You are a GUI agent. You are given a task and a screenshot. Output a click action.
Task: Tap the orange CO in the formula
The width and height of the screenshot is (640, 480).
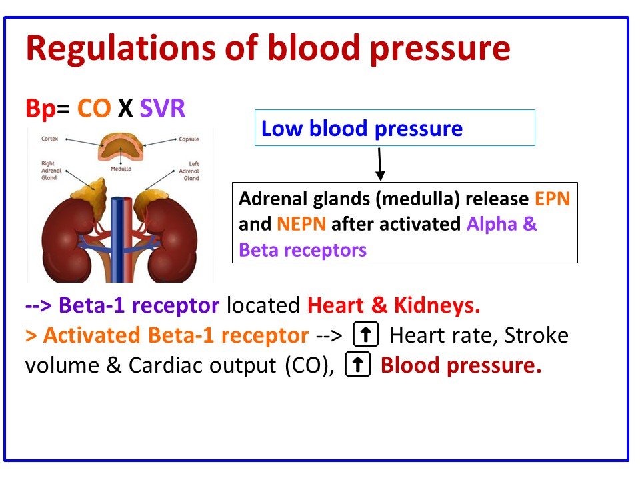[93, 108]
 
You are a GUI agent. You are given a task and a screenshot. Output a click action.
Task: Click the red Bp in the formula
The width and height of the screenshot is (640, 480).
[41, 108]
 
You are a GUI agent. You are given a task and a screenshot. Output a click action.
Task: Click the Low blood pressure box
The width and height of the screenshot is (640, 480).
[395, 128]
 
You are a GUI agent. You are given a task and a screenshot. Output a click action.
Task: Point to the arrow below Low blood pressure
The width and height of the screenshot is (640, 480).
[380, 164]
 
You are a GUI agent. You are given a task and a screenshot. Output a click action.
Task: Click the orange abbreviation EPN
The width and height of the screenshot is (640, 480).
[552, 199]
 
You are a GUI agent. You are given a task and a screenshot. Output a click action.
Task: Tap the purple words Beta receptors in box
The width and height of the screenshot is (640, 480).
[303, 250]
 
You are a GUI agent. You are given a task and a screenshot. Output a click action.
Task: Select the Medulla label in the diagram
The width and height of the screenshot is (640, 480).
[121, 169]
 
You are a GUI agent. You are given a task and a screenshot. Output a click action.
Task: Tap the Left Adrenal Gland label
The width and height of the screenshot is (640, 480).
[191, 171]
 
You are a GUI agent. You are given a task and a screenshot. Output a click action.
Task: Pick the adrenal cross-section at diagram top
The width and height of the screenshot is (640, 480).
[121, 146]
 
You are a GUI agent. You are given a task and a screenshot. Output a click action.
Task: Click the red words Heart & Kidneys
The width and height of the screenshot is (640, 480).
[393, 306]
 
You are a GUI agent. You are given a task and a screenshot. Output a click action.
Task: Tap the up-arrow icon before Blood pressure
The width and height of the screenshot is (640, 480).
[358, 365]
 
